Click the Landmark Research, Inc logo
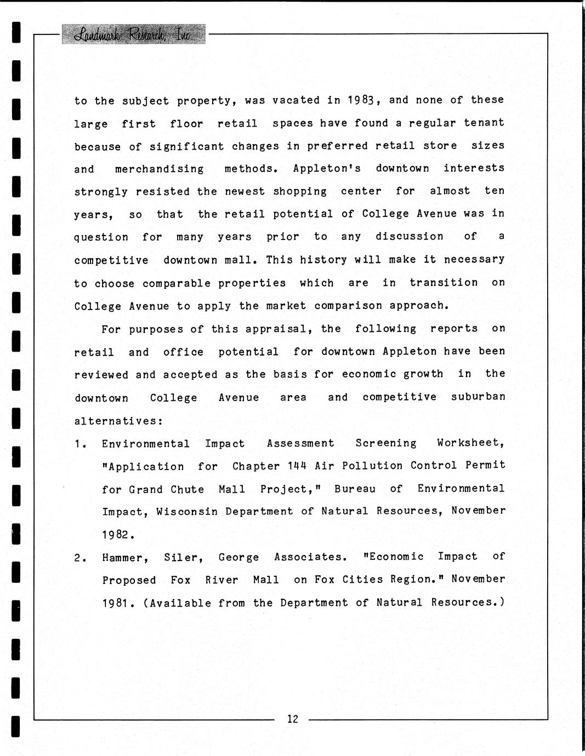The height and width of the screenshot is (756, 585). pyautogui.click(x=134, y=35)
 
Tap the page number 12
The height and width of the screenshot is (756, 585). pyautogui.click(x=292, y=719)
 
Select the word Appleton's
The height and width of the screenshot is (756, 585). pyautogui.click(x=327, y=169)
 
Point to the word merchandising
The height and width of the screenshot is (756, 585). pyautogui.click(x=159, y=169)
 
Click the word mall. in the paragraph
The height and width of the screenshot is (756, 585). pyautogui.click(x=242, y=260)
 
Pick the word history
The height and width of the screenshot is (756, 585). pyautogui.click(x=323, y=260)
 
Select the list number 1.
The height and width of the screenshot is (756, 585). pyautogui.click(x=80, y=444)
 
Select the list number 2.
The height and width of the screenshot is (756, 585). pyautogui.click(x=80, y=558)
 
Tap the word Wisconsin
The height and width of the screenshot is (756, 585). pyautogui.click(x=187, y=512)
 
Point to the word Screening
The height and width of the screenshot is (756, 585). pyautogui.click(x=385, y=443)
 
